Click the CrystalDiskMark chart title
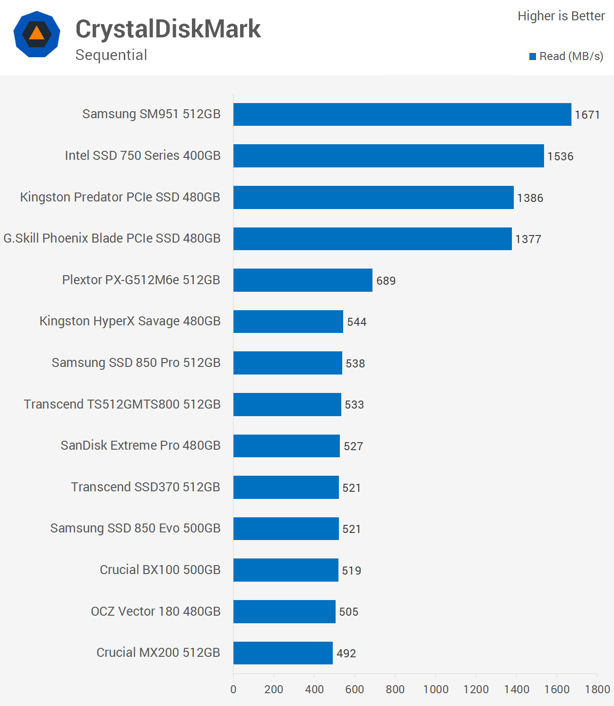[168, 29]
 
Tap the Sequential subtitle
[111, 55]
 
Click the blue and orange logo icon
[37, 34]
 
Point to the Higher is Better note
[561, 16]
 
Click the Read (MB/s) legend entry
[566, 56]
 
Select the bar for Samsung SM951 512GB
[402, 114]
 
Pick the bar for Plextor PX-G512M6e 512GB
[303, 280]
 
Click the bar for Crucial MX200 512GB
[283, 653]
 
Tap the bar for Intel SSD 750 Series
[388, 156]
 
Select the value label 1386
[530, 198]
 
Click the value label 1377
[528, 239]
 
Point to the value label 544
[356, 322]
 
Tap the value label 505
[348, 612]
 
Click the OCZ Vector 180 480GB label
[156, 611]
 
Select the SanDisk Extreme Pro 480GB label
[140, 445]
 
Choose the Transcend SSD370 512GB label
[146, 487]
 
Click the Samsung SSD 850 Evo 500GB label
[135, 528]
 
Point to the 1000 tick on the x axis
[435, 689]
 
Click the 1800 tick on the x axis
[597, 689]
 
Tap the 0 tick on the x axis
[233, 689]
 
